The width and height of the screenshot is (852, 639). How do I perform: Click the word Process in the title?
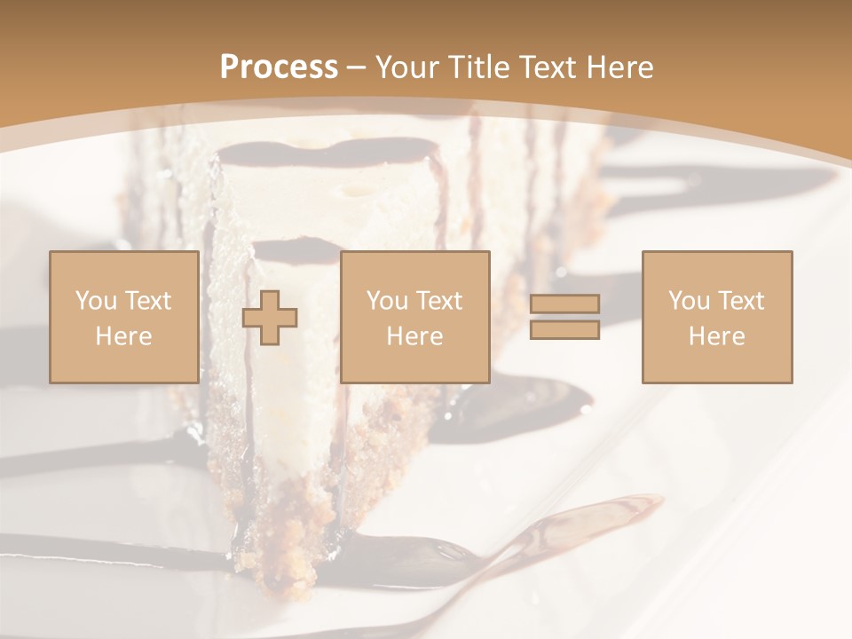[x=279, y=67]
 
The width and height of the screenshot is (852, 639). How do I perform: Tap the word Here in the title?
[x=619, y=67]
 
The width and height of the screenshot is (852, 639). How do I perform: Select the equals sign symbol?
[x=564, y=317]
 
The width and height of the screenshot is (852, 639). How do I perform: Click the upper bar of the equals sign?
[x=564, y=304]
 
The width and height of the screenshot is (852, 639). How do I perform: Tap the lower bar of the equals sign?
[x=564, y=330]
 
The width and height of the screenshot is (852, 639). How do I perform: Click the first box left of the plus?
[x=123, y=317]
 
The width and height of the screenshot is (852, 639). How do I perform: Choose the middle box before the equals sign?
[x=414, y=317]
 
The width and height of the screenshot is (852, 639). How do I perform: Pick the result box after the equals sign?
[x=716, y=317]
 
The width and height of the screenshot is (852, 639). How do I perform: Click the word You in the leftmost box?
[x=94, y=301]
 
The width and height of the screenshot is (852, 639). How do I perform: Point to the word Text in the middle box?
[x=438, y=301]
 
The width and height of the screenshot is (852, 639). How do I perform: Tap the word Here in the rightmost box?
[x=716, y=336]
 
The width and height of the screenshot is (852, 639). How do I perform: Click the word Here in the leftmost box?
[x=123, y=336]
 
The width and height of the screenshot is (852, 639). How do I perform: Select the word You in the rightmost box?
[x=687, y=301]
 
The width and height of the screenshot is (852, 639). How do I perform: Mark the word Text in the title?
[x=545, y=67]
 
